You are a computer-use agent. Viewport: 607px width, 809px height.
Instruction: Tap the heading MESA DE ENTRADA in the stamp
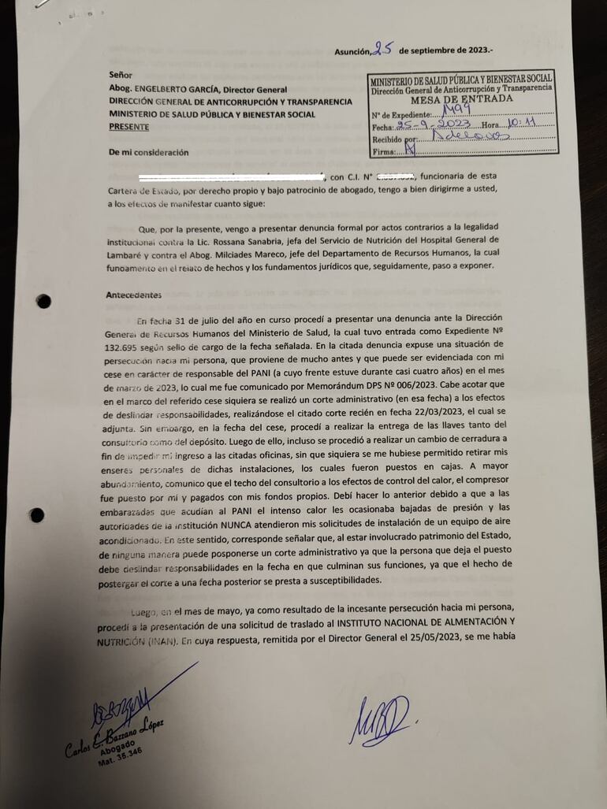point(461,100)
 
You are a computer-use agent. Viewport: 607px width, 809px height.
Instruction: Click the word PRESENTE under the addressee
point(128,127)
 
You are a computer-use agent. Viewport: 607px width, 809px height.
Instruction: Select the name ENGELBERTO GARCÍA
point(178,89)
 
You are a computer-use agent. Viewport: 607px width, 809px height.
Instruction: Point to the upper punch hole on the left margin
point(43,300)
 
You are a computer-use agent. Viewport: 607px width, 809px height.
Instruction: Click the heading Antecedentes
point(133,295)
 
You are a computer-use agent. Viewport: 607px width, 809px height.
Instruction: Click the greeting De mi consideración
point(149,152)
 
